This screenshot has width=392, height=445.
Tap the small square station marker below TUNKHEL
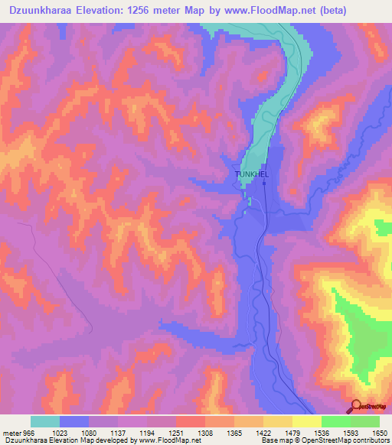coord(264,184)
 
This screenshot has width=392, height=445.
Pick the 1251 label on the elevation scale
coord(176,434)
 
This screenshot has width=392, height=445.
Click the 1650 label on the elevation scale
coord(380,434)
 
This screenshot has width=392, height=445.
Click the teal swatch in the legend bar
coord(45,421)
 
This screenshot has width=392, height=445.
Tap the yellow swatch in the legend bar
coord(307,421)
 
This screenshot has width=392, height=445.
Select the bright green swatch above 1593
coord(336,421)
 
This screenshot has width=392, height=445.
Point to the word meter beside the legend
coord(10,434)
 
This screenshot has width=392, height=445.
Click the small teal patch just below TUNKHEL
coord(250,200)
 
